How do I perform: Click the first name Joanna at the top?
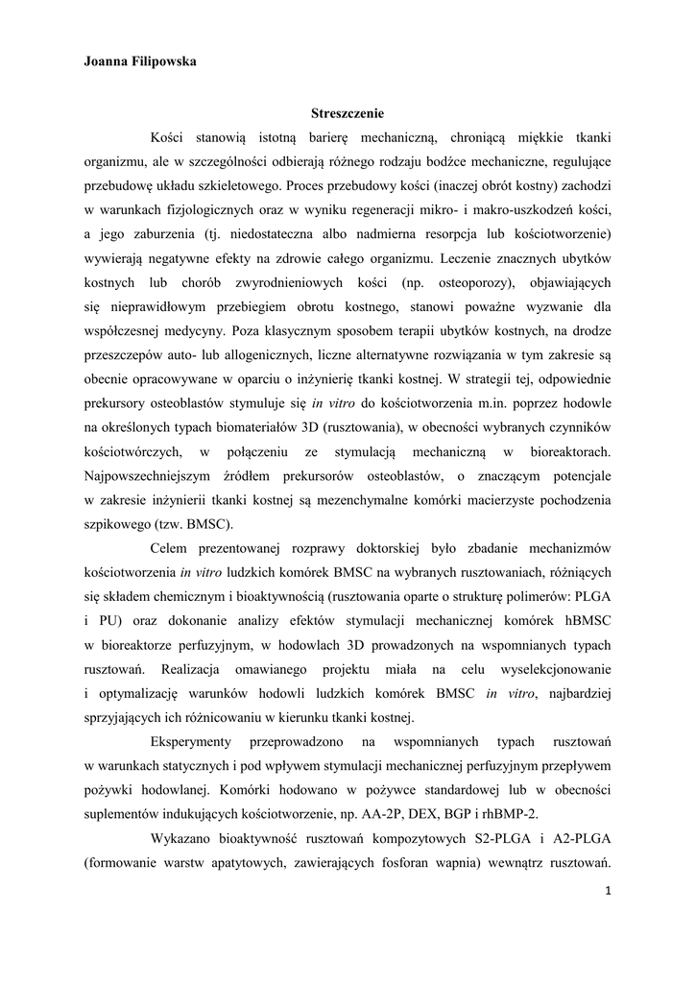point(108,61)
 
